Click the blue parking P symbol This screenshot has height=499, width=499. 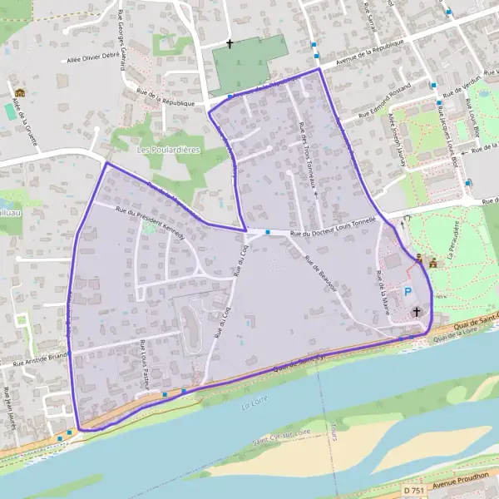coord(408,291)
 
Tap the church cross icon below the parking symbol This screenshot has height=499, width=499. coord(416,311)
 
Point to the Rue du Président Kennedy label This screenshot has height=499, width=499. coord(152,222)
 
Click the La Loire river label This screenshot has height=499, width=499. coord(251,406)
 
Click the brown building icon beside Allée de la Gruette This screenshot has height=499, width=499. coord(18,92)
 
